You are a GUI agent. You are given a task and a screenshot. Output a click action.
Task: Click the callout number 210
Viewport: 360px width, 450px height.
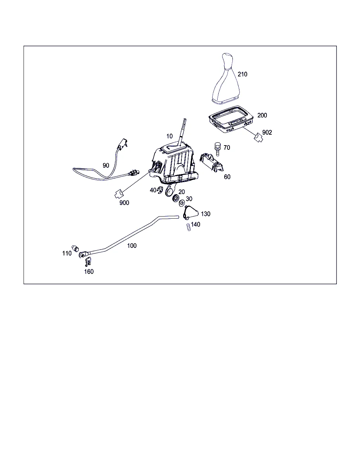(x=242, y=74)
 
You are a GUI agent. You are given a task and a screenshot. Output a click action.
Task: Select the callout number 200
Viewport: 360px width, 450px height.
(x=262, y=115)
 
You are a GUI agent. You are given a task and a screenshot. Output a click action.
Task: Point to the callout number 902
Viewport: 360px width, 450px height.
(x=267, y=133)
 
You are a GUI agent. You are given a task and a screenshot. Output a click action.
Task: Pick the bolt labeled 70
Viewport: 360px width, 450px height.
(x=218, y=149)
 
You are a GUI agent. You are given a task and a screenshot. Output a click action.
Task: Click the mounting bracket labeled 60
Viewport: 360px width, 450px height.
(x=212, y=163)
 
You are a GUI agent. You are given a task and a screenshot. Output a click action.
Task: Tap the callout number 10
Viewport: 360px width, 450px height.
(x=169, y=136)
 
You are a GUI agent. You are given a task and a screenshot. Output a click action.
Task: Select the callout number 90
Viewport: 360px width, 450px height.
(x=106, y=165)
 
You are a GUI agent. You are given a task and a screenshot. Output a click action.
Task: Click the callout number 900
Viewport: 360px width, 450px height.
(x=124, y=202)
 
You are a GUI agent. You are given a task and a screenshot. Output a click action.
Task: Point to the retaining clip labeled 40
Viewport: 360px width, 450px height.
(x=160, y=189)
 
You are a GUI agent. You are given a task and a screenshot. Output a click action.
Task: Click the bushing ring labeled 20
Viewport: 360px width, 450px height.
(x=175, y=198)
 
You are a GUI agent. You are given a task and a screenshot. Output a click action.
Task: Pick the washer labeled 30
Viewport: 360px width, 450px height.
(x=182, y=203)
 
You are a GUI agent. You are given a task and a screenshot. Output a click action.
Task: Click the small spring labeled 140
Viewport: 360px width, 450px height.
(x=189, y=227)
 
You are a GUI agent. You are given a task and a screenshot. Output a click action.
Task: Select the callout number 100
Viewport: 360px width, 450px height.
(x=132, y=245)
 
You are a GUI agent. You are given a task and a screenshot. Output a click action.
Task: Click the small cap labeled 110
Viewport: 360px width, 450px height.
(x=75, y=249)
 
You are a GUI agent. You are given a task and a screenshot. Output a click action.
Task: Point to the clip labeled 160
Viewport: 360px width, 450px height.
(x=88, y=262)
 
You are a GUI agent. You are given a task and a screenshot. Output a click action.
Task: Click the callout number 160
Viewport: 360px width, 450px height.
(x=89, y=272)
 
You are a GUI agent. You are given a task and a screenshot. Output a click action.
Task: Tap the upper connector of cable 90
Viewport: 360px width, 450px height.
(x=122, y=144)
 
